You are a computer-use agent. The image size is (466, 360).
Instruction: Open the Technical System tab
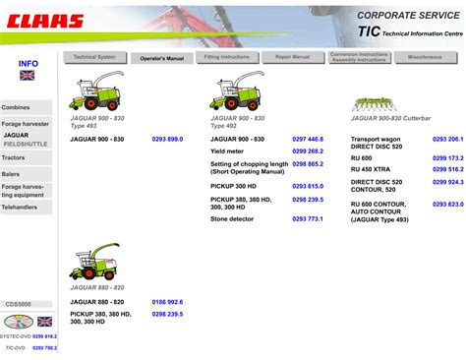(94, 58)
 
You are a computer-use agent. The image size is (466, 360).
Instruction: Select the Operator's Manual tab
(161, 58)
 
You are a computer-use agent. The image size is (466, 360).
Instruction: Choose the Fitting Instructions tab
(226, 58)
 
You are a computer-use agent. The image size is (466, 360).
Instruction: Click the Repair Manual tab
(292, 58)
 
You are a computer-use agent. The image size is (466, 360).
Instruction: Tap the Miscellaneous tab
(426, 58)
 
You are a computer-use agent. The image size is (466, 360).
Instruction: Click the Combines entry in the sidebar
(16, 107)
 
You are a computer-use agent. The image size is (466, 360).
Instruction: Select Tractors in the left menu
(14, 157)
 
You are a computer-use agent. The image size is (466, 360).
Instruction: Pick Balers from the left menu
(12, 173)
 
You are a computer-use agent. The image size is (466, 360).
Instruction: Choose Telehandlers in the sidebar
(20, 209)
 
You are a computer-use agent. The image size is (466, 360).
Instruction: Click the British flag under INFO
(28, 75)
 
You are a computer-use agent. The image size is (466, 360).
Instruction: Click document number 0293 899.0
(167, 140)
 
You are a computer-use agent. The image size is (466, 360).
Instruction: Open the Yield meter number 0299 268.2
(308, 151)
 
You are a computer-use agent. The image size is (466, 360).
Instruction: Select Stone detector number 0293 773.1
(308, 218)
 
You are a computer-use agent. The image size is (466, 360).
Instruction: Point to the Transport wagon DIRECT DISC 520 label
(379, 144)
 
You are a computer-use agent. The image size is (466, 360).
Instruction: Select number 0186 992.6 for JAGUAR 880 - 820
(167, 302)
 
